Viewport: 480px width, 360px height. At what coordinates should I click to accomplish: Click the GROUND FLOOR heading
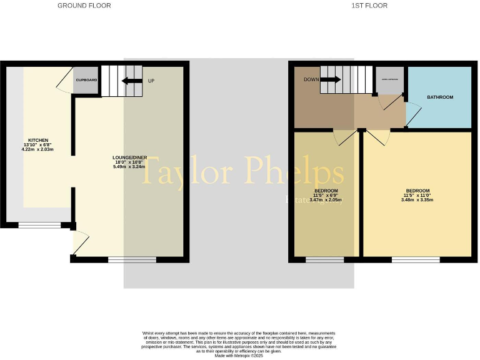click(84, 6)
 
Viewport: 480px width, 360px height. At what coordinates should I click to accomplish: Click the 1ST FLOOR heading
click(369, 6)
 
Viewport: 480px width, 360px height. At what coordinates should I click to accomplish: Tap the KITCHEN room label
click(38, 140)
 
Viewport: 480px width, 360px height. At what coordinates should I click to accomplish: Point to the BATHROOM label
click(440, 97)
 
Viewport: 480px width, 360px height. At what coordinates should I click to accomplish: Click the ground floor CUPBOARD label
click(86, 81)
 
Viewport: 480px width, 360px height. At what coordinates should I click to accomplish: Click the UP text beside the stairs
click(151, 81)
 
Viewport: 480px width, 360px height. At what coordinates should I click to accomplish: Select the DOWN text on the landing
click(312, 79)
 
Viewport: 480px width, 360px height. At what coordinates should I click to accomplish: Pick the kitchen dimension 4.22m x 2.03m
click(38, 150)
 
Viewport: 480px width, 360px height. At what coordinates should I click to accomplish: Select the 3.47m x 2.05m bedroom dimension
click(326, 200)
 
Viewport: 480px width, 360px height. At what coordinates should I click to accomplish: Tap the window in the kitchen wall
click(35, 225)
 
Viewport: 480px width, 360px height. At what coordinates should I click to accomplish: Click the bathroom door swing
click(413, 114)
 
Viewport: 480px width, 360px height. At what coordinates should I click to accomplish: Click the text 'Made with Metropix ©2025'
click(240, 356)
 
